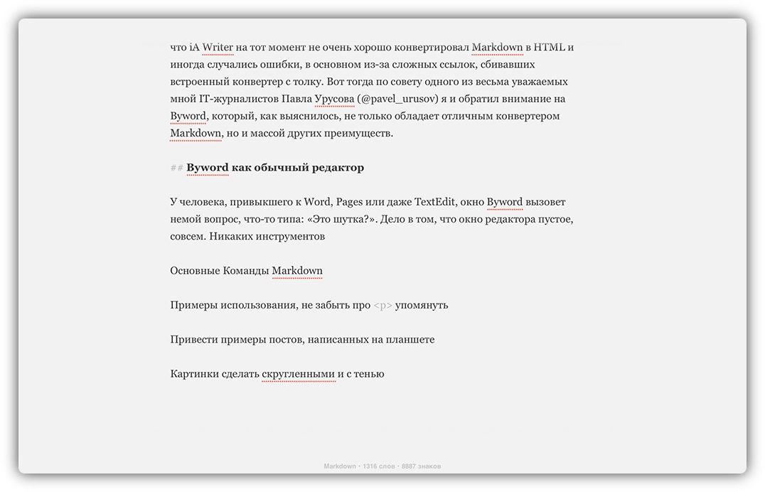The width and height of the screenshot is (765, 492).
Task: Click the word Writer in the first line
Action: (x=218, y=48)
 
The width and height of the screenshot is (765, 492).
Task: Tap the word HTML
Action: (x=550, y=48)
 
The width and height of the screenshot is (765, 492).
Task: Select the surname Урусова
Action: (x=334, y=99)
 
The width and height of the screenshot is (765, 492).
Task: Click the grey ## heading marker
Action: (x=176, y=168)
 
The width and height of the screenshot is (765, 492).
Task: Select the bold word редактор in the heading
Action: (x=337, y=168)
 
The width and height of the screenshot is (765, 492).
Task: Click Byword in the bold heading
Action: (x=208, y=168)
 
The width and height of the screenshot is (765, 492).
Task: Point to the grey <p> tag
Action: (x=382, y=305)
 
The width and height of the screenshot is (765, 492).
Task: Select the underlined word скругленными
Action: (x=298, y=374)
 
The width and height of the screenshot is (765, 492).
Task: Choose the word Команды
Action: (x=245, y=271)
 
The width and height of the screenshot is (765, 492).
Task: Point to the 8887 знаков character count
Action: (x=421, y=466)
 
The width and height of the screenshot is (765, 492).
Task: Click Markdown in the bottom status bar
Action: (x=340, y=466)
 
